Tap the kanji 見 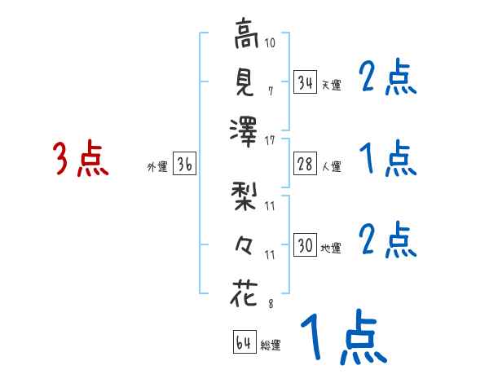pos(245,81)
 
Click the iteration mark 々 pos(245,245)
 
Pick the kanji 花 pos(245,292)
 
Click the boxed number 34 pos(305,82)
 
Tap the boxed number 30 pos(305,245)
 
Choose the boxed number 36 pos(184,165)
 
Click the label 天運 pos(330,85)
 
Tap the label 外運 pos(156,167)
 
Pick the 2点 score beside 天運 pos(388,79)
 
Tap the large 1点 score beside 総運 pos(342,338)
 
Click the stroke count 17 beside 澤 pos(270,140)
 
